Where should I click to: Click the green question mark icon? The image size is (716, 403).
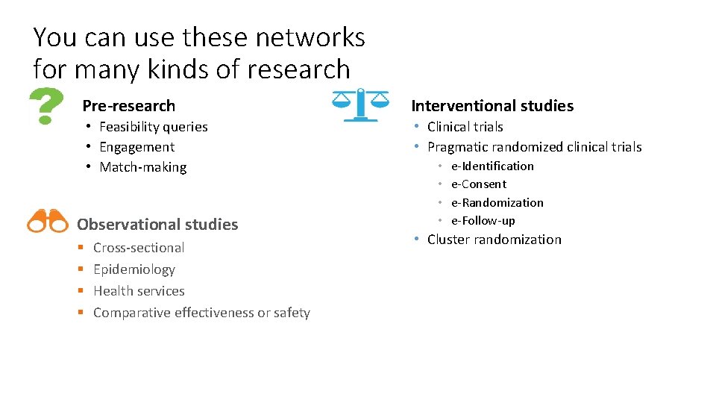[45, 105]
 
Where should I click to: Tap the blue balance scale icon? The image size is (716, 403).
[359, 105]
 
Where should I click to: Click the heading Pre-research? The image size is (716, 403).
[128, 106]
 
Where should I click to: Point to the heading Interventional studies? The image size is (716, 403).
[492, 106]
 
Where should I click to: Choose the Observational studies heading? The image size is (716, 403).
[157, 224]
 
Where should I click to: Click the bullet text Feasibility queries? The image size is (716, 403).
[154, 127]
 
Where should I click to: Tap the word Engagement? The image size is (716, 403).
[136, 147]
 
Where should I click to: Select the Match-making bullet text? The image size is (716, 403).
[143, 167]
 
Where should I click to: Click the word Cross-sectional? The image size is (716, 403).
[139, 248]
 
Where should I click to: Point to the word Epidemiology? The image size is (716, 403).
[134, 269]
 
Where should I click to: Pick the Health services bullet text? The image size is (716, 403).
[139, 291]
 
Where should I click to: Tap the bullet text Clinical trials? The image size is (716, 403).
[465, 127]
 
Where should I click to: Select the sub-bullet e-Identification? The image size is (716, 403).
[492, 166]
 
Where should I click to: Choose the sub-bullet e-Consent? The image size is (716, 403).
[479, 184]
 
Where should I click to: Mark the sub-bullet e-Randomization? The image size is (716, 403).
[497, 202]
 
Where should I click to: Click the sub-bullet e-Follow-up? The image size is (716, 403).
[483, 220]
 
